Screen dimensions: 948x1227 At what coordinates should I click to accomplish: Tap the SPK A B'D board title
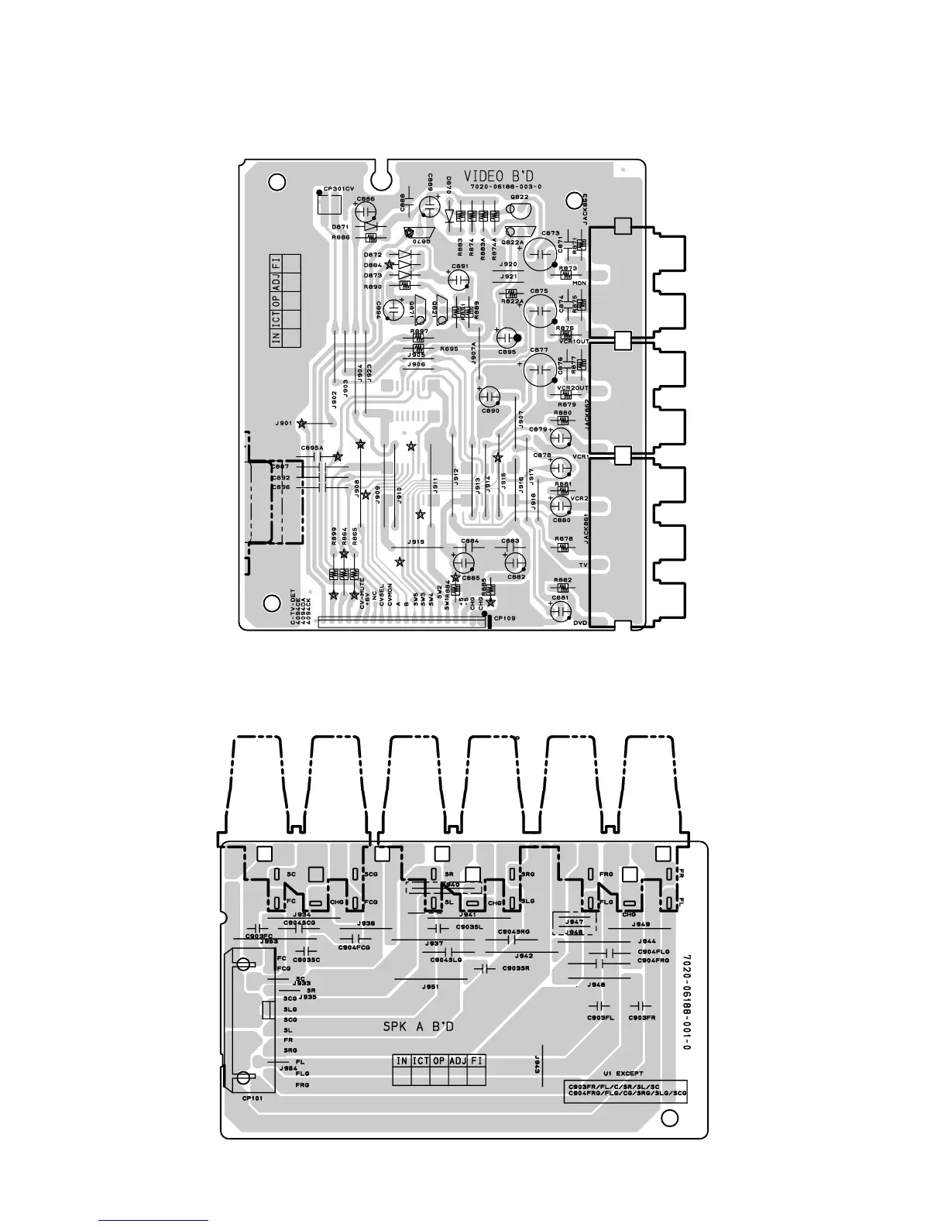point(418,1027)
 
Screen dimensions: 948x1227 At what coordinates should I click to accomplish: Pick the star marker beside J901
point(301,424)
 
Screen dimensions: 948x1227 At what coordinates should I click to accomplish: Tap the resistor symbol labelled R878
point(563,548)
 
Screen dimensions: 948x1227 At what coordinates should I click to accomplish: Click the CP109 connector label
point(504,618)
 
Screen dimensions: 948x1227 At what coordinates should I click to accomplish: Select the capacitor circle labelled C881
point(561,610)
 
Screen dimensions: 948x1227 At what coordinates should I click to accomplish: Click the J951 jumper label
point(431,987)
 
